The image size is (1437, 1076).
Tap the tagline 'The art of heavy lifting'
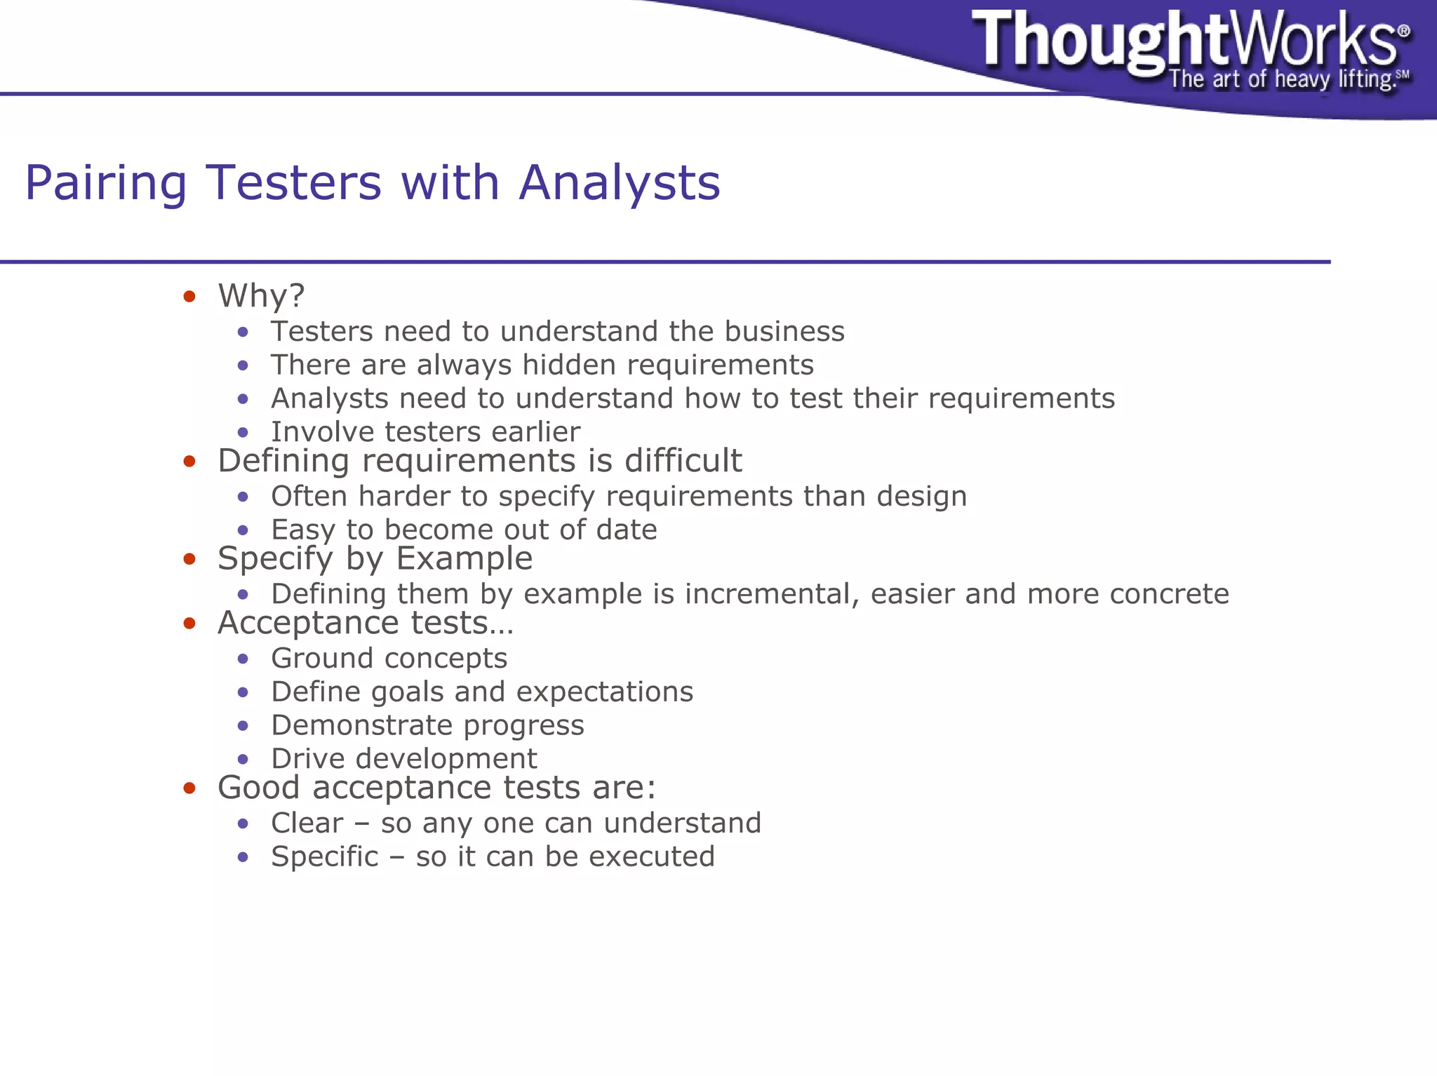(x=1281, y=79)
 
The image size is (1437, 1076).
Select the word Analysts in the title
(x=619, y=182)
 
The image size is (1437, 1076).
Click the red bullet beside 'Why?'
(x=189, y=297)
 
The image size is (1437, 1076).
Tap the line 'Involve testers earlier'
(x=425, y=431)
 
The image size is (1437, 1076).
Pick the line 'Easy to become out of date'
(x=464, y=530)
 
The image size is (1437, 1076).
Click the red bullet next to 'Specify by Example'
(x=189, y=559)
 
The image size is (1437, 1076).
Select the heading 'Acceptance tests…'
(x=366, y=623)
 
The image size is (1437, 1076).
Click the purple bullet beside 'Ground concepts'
(x=243, y=659)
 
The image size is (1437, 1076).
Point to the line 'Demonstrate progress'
(x=427, y=725)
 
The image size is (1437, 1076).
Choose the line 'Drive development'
(x=403, y=759)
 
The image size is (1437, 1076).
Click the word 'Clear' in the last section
(x=307, y=823)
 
